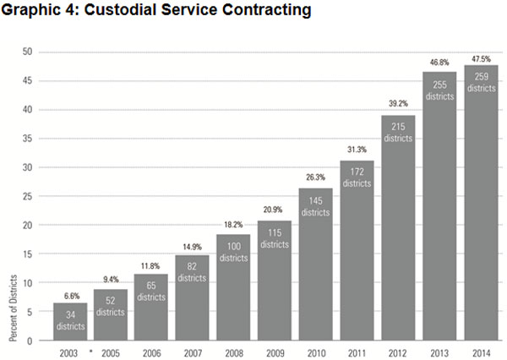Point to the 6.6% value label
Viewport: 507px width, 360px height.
pyautogui.click(x=70, y=296)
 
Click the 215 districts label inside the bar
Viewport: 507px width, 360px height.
pyautogui.click(x=398, y=131)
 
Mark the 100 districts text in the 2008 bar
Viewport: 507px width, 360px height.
pyautogui.click(x=234, y=251)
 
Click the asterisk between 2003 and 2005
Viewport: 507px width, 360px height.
pyautogui.click(x=90, y=352)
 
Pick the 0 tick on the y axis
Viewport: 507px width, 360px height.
pyautogui.click(x=30, y=341)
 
